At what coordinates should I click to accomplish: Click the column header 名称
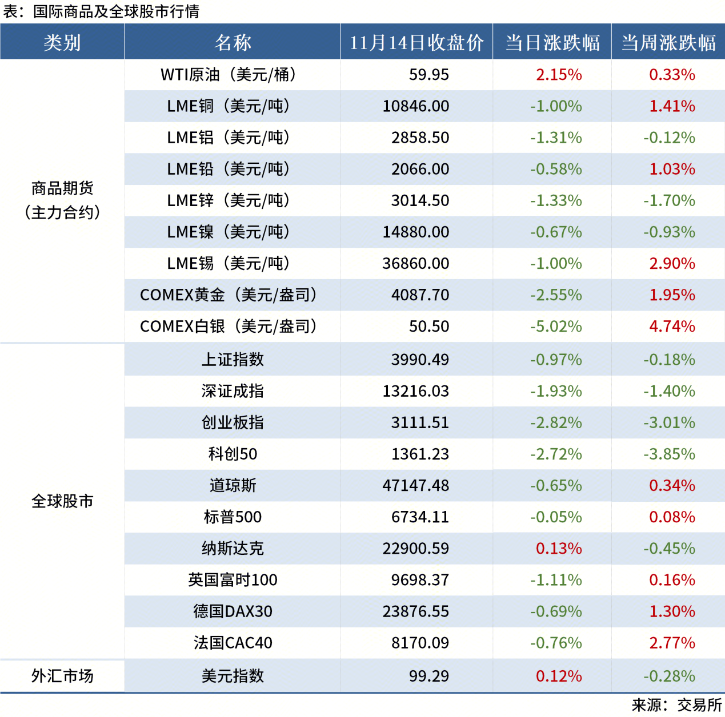tap(233, 42)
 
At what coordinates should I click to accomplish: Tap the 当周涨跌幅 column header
tap(668, 42)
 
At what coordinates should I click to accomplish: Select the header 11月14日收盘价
tap(416, 42)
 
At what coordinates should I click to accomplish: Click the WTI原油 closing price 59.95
tap(428, 75)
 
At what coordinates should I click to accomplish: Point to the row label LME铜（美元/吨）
tap(229, 106)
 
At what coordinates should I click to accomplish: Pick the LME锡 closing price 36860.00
tap(415, 264)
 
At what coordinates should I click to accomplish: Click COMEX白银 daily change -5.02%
tap(555, 327)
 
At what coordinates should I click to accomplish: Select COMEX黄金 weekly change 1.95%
tap(672, 295)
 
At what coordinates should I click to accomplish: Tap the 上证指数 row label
tap(233, 360)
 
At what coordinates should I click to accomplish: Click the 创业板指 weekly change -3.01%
tap(669, 423)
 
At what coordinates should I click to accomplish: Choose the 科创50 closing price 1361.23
tap(420, 454)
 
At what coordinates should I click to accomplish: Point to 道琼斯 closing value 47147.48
tap(415, 486)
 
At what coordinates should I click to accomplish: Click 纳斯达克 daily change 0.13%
tap(558, 549)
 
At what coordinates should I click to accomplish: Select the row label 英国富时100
tap(233, 580)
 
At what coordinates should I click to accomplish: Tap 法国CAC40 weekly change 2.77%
tap(672, 643)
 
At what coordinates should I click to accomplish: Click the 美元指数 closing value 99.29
tap(428, 676)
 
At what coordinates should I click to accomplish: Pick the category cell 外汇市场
tap(62, 676)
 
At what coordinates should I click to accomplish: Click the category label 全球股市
tap(62, 501)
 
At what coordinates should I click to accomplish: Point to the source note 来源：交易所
tap(676, 706)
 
